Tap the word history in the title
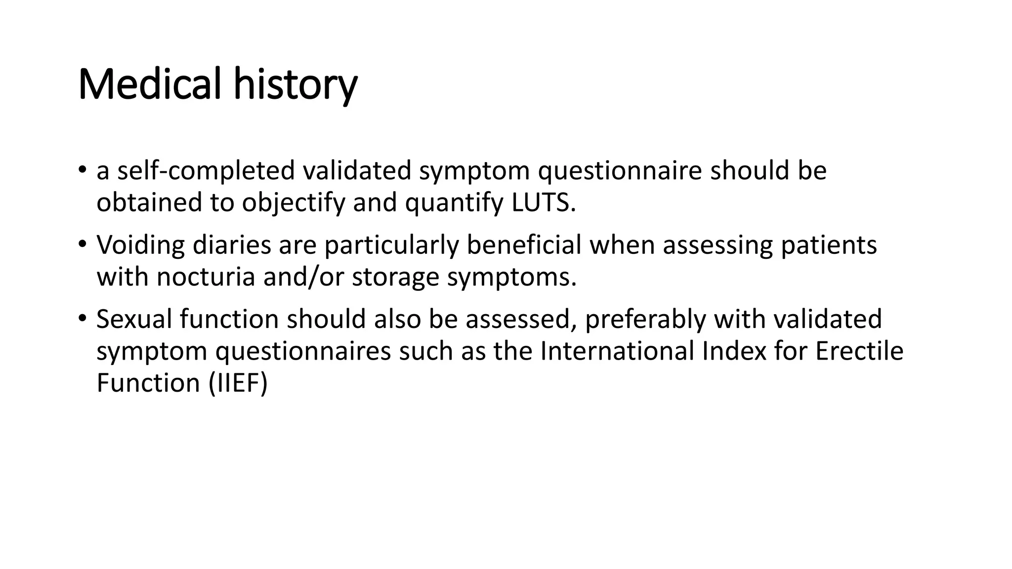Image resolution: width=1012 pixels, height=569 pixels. [295, 84]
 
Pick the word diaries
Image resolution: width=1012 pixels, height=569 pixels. [232, 245]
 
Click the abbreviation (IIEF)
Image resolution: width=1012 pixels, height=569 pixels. [238, 383]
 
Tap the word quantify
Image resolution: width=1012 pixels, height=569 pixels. [454, 203]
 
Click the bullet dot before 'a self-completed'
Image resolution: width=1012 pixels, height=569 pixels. [83, 169]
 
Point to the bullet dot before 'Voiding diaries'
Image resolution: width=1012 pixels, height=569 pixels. [83, 244]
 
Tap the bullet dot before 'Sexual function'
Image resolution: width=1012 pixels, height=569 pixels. [83, 318]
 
